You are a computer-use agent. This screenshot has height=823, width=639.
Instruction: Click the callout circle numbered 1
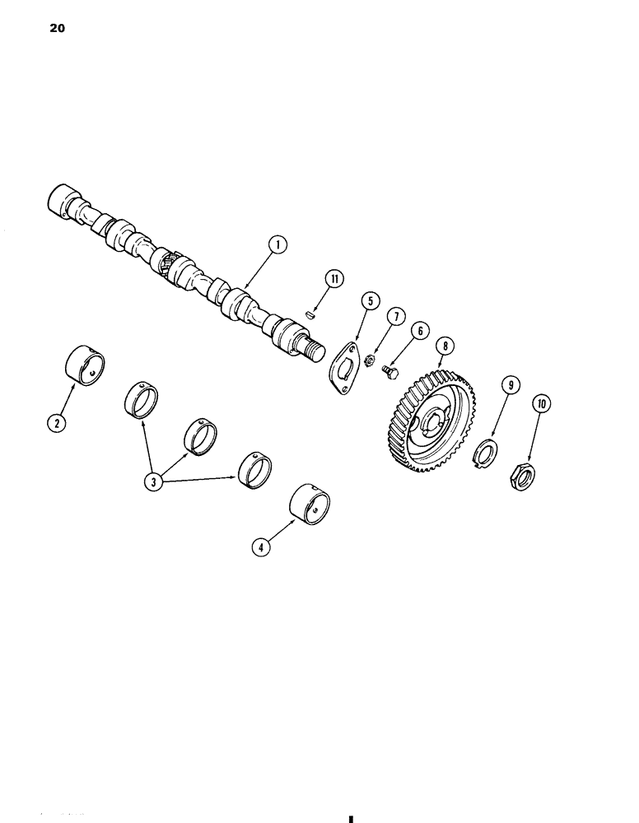[x=278, y=244]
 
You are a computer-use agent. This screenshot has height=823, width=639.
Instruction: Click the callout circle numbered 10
[x=542, y=404]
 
